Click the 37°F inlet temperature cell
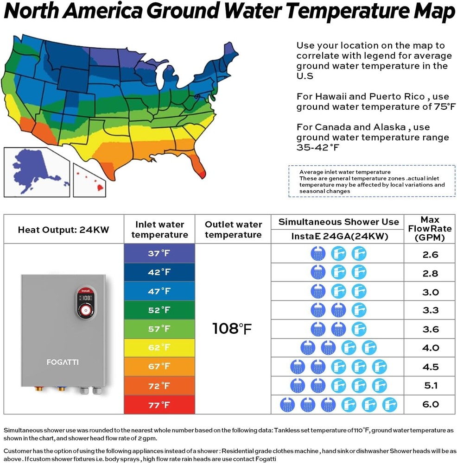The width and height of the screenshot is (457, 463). click(x=159, y=253)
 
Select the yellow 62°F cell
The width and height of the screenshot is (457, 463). click(x=159, y=348)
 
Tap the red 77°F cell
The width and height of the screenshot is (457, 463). click(x=159, y=405)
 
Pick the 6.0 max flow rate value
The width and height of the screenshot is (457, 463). click(x=430, y=405)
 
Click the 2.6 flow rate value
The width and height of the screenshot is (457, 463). click(x=430, y=254)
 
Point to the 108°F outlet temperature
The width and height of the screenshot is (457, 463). click(x=232, y=329)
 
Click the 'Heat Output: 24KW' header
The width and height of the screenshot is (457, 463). click(x=63, y=230)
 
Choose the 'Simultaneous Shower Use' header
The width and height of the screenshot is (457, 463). click(x=338, y=222)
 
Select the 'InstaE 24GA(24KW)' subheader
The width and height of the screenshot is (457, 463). click(x=338, y=236)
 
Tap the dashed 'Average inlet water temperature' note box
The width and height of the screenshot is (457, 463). click(x=372, y=181)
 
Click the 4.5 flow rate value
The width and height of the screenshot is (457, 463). click(x=430, y=367)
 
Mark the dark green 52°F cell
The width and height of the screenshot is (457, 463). click(x=159, y=310)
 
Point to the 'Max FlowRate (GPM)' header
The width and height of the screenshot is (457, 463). click(x=430, y=229)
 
